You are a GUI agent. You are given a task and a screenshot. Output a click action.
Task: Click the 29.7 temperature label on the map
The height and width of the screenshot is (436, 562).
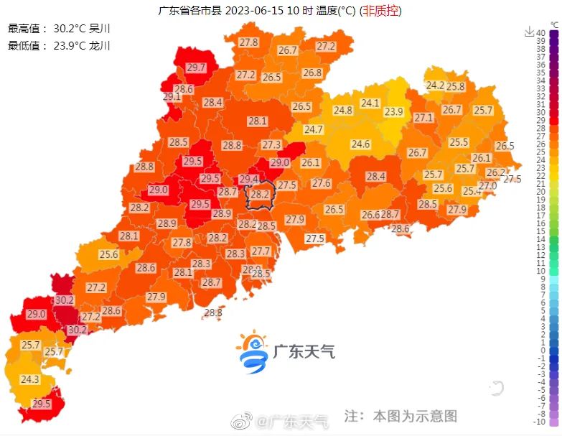tap(196, 68)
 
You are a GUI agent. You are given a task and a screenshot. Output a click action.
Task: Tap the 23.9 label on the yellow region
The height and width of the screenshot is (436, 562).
tap(393, 111)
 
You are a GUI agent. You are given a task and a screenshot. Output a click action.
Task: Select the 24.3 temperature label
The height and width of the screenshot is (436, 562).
tap(29, 379)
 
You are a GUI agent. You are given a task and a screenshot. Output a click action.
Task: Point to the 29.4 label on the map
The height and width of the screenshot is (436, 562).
tap(248, 179)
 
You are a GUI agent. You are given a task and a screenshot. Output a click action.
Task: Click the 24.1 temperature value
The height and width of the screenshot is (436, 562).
tap(370, 103)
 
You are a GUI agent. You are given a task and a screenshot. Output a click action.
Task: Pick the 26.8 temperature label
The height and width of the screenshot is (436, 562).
tap(312, 73)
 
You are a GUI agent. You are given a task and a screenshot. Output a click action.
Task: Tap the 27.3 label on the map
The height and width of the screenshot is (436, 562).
tap(271, 144)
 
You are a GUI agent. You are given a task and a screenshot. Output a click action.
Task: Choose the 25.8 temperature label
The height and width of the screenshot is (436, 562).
tap(456, 86)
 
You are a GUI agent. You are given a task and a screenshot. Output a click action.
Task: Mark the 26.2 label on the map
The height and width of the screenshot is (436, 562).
tap(495, 172)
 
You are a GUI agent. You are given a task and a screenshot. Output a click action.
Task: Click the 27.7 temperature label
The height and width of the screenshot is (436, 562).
tap(261, 251)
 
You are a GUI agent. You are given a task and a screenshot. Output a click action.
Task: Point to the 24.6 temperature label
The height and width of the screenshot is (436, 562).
tap(360, 144)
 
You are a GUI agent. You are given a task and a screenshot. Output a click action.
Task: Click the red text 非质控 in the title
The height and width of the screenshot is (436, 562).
tap(380, 11)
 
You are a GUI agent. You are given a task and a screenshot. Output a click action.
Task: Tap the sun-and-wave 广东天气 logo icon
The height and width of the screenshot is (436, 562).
tap(253, 352)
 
